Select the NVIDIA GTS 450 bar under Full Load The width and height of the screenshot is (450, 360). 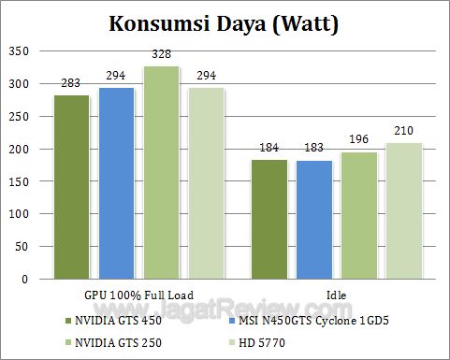(72, 187)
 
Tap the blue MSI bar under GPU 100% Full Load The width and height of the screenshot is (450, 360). (117, 183)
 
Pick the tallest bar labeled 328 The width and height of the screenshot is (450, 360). (162, 173)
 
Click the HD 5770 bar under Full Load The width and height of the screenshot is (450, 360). (207, 183)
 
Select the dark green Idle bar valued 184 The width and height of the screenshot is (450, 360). (269, 220)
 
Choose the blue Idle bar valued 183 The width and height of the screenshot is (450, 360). (314, 220)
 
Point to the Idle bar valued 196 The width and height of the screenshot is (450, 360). (359, 216)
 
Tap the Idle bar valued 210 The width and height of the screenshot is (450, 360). (404, 211)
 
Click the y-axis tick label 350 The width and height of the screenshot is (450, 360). (19, 51)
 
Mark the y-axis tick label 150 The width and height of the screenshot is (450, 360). (19, 181)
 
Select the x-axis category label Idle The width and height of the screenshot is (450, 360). (337, 293)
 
